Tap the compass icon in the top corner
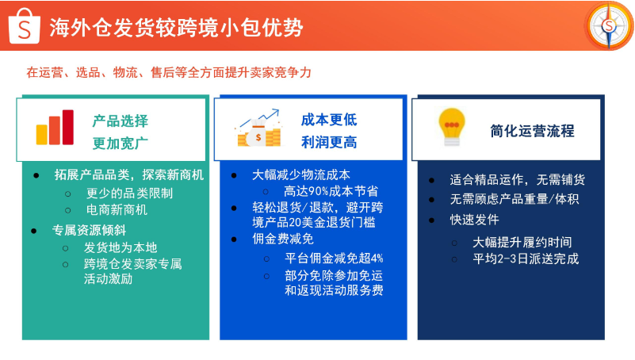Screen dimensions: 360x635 (x=609, y=25)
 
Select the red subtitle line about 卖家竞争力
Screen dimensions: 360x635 (x=169, y=72)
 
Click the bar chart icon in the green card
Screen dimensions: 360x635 (x=54, y=127)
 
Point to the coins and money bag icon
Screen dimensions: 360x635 (x=258, y=128)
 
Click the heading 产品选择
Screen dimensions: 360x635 (x=120, y=121)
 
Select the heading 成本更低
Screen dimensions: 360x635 (x=328, y=120)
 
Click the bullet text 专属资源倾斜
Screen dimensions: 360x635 (x=90, y=230)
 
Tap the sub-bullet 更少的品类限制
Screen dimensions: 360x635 (x=129, y=193)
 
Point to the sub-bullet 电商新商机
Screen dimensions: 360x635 (x=117, y=210)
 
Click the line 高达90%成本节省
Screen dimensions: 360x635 (x=331, y=191)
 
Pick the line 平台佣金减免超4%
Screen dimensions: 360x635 (x=334, y=258)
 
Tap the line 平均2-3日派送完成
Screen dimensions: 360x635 (x=526, y=259)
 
